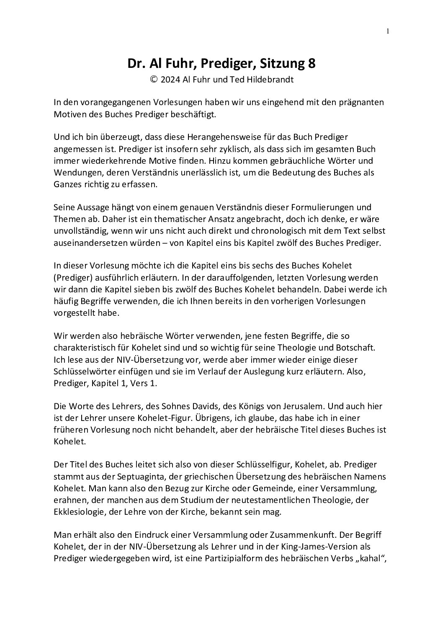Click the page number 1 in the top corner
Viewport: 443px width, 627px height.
(388, 31)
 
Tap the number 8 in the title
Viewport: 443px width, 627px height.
(312, 64)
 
